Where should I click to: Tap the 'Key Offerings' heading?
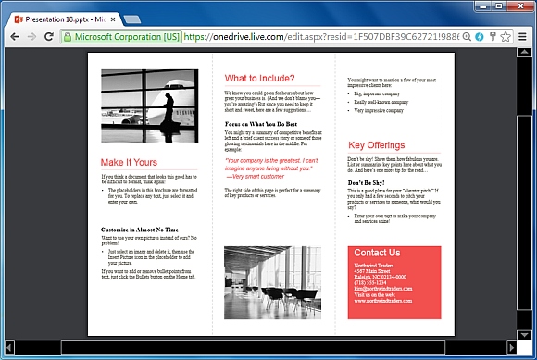pos(376,145)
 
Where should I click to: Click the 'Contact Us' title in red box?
pos(377,253)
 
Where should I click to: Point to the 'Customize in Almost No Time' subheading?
pos(140,229)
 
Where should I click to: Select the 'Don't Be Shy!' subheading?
pos(372,183)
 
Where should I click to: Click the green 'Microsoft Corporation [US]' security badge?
pos(120,37)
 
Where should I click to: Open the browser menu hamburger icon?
pos(523,37)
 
